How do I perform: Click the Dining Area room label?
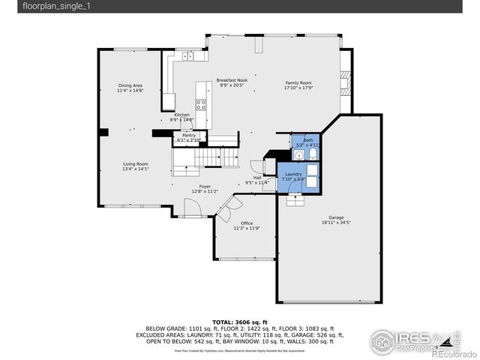(130, 88)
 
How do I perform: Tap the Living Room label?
(136, 166)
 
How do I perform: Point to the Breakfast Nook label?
(232, 82)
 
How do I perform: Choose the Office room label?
(246, 225)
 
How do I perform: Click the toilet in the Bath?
(313, 154)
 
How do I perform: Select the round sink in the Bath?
(299, 155)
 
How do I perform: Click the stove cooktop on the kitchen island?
(201, 104)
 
